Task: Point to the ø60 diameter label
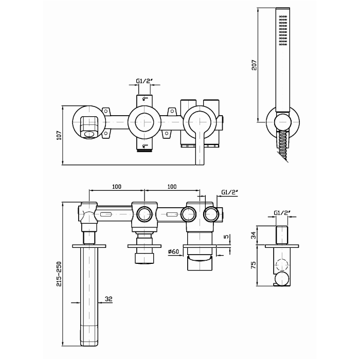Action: [x=173, y=251]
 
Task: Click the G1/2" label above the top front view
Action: [x=144, y=81]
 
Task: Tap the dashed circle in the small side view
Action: [x=281, y=266]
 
